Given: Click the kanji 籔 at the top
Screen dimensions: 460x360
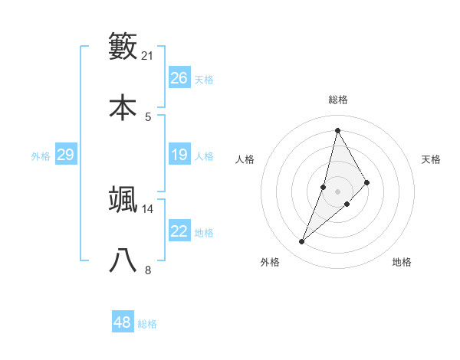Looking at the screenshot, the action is [x=123, y=46].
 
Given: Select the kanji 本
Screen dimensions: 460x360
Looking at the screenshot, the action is [x=123, y=107].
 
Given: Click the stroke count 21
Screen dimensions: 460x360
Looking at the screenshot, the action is [x=148, y=56].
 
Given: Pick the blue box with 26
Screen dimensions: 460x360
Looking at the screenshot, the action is [x=179, y=78].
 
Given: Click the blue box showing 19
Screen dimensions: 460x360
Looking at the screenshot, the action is [x=179, y=155].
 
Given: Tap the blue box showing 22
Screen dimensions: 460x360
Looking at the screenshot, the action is [x=179, y=231].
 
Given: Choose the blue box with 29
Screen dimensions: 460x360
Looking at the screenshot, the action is [x=65, y=155].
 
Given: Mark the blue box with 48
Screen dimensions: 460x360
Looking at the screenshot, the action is [x=123, y=322].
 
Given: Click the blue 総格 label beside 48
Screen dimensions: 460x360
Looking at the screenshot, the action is [x=147, y=324].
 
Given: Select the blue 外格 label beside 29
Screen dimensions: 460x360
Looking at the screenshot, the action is [x=41, y=156].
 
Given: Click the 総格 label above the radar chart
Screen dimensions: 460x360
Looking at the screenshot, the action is [x=337, y=100].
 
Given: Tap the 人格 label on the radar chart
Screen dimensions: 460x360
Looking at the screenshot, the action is [x=245, y=159].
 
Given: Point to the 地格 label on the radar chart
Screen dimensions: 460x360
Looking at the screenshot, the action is [x=402, y=262].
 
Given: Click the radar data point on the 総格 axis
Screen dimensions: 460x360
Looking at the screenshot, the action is [x=337, y=129].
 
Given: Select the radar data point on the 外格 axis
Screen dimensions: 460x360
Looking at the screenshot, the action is [x=301, y=242].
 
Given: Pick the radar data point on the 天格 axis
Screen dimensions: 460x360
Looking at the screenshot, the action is [x=367, y=182].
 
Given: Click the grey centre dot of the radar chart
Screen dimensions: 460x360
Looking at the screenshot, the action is [x=337, y=191].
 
